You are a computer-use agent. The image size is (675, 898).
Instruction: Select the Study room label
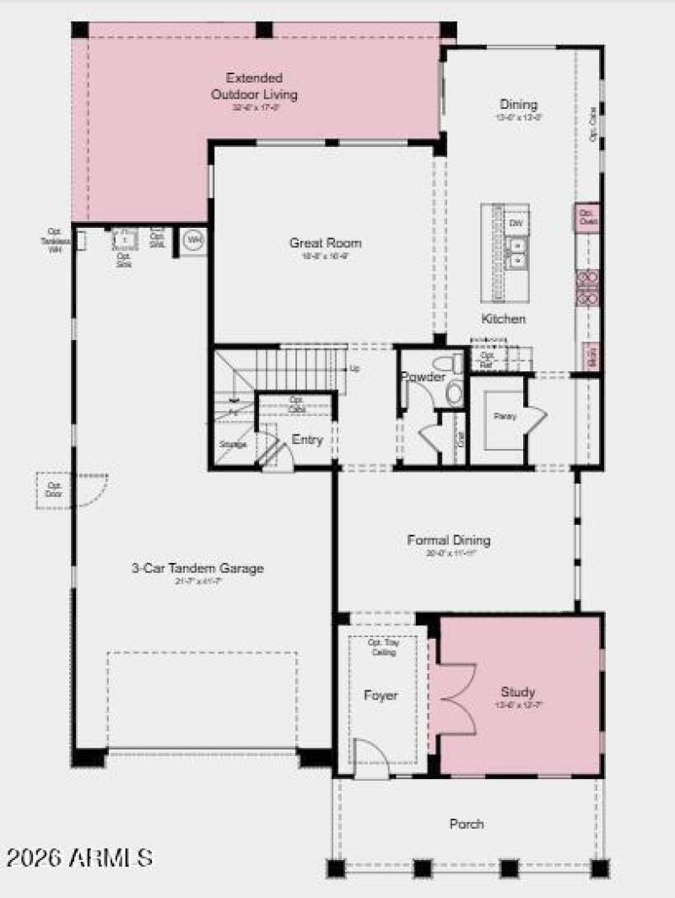tap(517, 692)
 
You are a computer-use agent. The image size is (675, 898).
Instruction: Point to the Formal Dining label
tap(448, 540)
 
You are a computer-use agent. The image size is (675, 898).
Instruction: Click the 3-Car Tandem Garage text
tap(197, 569)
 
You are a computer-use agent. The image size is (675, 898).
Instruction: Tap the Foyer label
tap(381, 696)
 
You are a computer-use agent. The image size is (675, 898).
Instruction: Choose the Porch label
tap(467, 824)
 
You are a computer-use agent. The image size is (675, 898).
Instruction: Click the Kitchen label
tap(504, 319)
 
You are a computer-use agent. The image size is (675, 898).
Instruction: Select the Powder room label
tap(423, 377)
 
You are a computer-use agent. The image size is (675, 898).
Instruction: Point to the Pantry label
tap(505, 416)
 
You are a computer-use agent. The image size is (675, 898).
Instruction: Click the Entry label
tap(307, 440)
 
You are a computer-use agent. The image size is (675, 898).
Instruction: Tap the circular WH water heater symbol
tap(194, 241)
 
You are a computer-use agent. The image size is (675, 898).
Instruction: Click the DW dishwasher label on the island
tap(516, 223)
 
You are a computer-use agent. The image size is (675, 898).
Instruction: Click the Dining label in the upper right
tap(518, 105)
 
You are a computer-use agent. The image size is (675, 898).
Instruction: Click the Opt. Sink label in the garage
tap(124, 259)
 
